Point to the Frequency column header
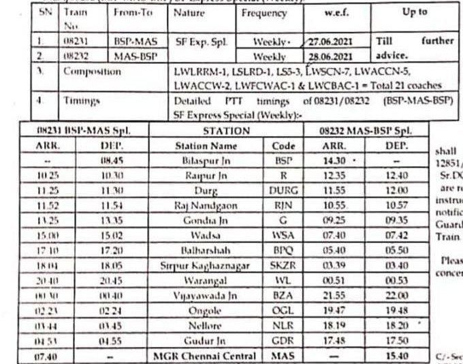point(264,14)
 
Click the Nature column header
point(189,14)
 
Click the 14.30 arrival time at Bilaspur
point(330,163)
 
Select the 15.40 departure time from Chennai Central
point(389,355)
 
